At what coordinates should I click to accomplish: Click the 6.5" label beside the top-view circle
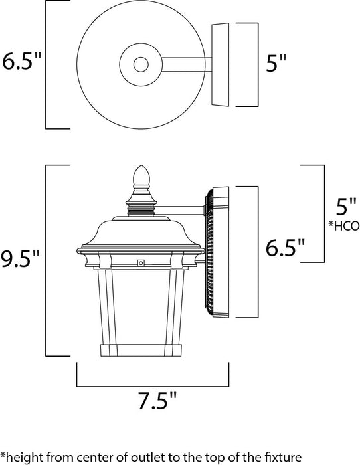21,64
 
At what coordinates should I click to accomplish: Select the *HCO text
343,225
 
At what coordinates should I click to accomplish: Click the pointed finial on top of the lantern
140,176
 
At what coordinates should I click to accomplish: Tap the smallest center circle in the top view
140,65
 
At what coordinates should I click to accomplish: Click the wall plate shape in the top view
221,64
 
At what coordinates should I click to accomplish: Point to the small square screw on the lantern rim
140,263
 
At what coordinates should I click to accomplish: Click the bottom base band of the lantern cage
140,351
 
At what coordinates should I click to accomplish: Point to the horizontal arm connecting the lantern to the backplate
193,212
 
